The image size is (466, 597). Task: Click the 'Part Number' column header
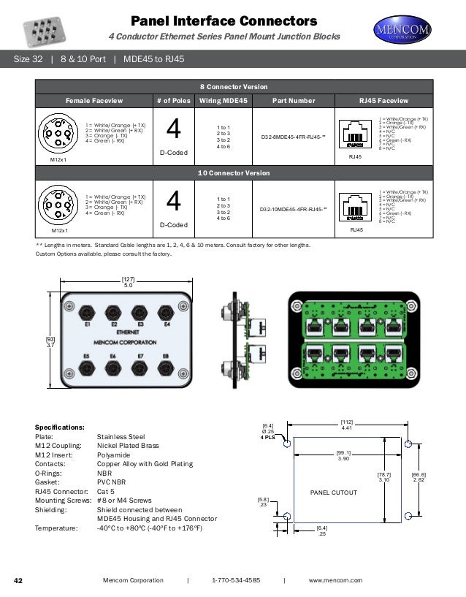click(x=293, y=100)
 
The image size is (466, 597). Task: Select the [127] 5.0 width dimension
click(x=127, y=282)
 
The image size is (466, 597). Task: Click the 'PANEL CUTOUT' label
click(x=334, y=493)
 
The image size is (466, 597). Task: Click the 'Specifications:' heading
click(x=60, y=427)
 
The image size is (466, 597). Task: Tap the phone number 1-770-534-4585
click(x=235, y=580)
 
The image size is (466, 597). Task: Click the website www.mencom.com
click(x=335, y=580)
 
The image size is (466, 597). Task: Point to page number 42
click(x=20, y=580)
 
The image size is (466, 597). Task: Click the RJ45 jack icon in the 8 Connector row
click(x=356, y=135)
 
